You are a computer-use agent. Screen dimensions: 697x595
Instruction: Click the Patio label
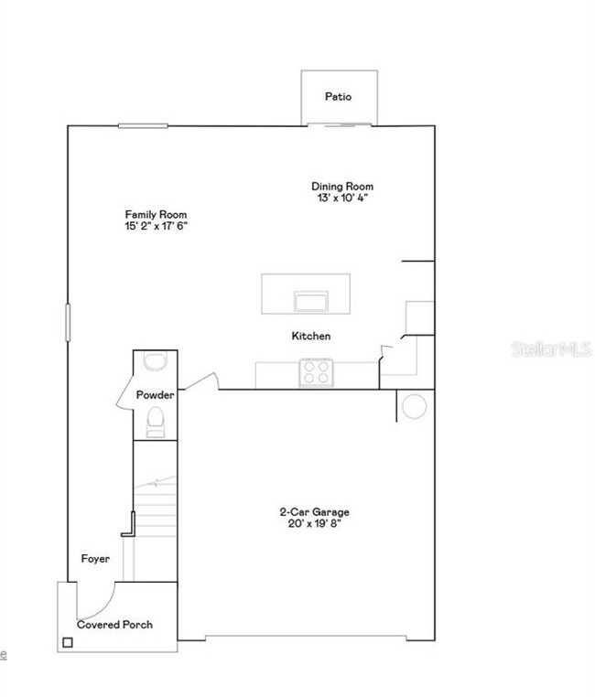pos(338,96)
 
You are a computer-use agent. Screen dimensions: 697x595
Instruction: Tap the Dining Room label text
pos(342,187)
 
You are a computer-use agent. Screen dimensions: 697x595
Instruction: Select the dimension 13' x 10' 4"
pos(341,197)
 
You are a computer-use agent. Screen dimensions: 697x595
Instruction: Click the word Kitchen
pos(311,337)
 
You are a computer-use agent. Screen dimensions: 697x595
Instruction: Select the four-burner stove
pos(317,371)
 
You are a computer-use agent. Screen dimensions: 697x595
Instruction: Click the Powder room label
pos(155,395)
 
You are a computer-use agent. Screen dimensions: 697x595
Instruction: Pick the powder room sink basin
pos(156,361)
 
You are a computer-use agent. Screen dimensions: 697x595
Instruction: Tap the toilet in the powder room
pos(156,421)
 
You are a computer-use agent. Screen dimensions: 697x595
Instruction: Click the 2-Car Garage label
pos(315,512)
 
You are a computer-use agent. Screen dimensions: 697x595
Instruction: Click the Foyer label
pos(95,558)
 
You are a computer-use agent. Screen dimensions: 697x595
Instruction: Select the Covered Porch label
pos(114,625)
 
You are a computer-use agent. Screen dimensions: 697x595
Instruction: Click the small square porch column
pos(67,643)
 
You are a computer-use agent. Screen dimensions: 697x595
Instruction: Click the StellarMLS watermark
pos(550,349)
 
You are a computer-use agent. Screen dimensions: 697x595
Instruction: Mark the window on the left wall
pos(67,323)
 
